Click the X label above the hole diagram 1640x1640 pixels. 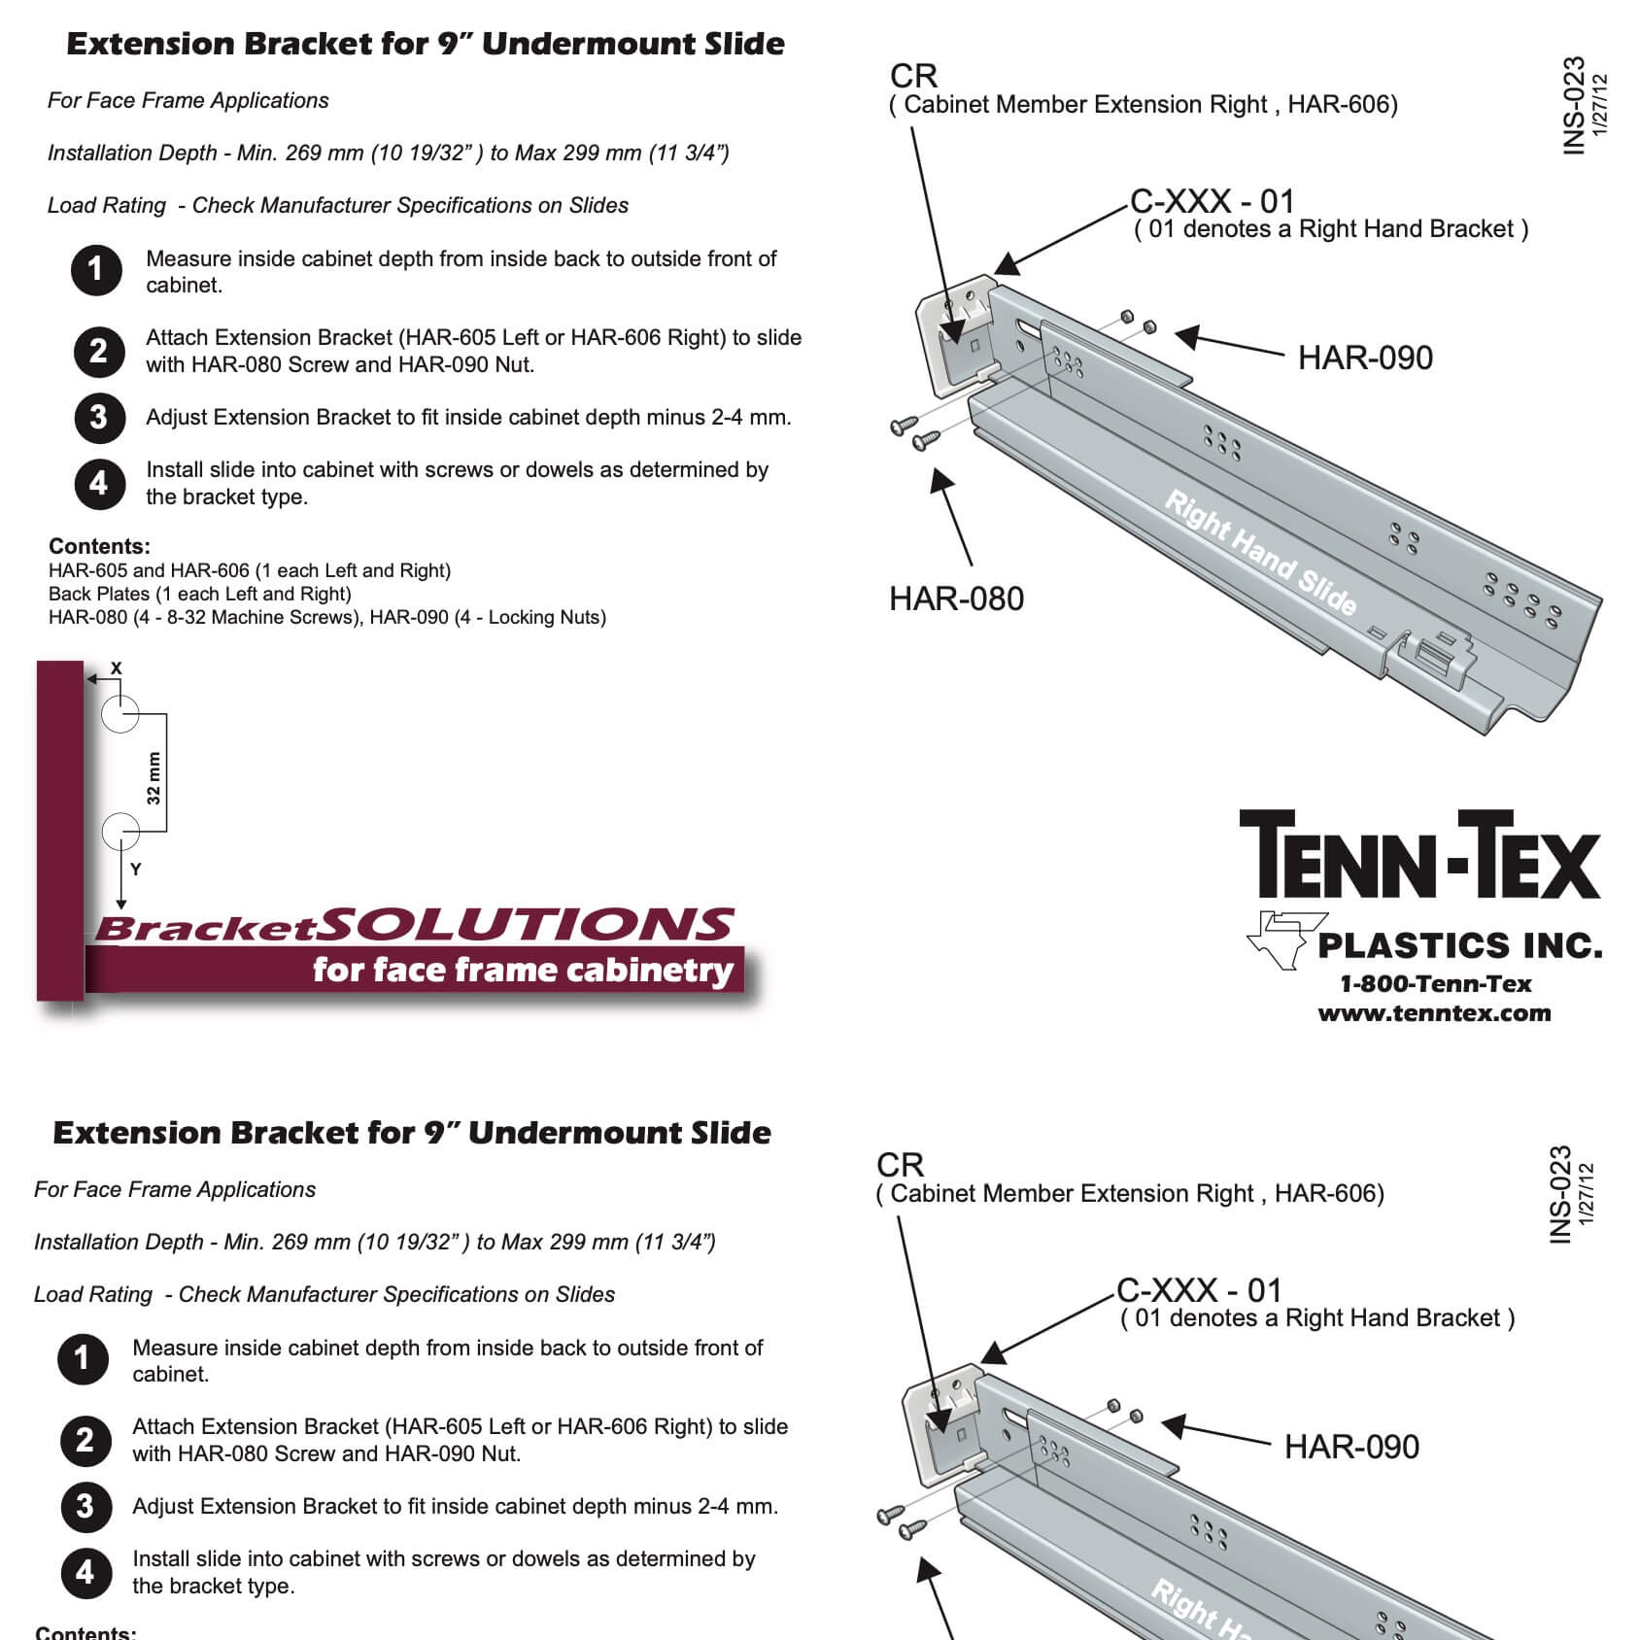(117, 667)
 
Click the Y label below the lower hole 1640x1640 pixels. (136, 870)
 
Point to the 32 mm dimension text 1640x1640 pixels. (154, 778)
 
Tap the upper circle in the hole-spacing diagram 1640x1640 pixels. (120, 714)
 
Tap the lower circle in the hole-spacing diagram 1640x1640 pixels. (120, 831)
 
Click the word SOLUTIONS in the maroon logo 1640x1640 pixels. (526, 925)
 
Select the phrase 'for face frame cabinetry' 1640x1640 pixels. (522, 970)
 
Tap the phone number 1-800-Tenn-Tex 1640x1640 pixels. (1435, 984)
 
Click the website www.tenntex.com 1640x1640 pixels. (1434, 1013)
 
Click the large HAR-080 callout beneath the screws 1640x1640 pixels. (956, 598)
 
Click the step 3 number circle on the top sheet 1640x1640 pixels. (98, 417)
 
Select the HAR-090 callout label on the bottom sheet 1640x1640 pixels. (1350, 1447)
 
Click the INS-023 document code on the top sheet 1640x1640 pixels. (1573, 105)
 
